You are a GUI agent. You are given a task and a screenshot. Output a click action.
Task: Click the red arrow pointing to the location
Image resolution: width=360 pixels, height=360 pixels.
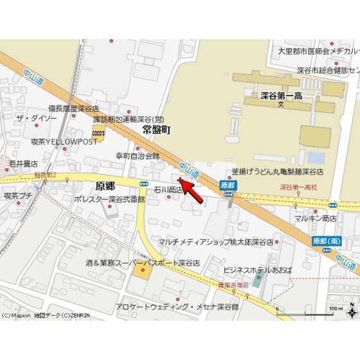(194, 193)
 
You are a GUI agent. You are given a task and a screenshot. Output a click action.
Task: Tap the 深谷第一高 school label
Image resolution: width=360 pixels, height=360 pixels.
(282, 96)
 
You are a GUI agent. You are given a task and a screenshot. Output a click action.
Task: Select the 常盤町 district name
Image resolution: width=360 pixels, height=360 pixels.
(156, 130)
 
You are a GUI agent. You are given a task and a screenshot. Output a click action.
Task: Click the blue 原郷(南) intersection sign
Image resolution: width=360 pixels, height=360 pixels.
(327, 240)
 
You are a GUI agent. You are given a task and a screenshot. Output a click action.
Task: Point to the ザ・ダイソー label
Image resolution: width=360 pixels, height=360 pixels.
(37, 119)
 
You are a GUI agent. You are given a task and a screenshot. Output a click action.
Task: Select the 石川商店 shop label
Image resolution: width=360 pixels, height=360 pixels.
(168, 190)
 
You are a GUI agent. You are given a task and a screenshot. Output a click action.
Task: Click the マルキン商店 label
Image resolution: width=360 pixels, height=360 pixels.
(316, 219)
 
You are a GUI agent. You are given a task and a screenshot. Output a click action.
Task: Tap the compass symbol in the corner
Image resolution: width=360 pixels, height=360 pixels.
(352, 313)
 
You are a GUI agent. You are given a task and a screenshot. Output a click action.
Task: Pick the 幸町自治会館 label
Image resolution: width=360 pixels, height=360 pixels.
(137, 156)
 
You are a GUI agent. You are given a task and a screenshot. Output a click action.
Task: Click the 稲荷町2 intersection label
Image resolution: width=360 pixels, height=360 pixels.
(46, 175)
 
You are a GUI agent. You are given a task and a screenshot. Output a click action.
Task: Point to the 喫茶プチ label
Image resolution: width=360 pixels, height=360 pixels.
(18, 195)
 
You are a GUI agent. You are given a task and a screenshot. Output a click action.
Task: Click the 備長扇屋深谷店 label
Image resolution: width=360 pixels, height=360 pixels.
(73, 109)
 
